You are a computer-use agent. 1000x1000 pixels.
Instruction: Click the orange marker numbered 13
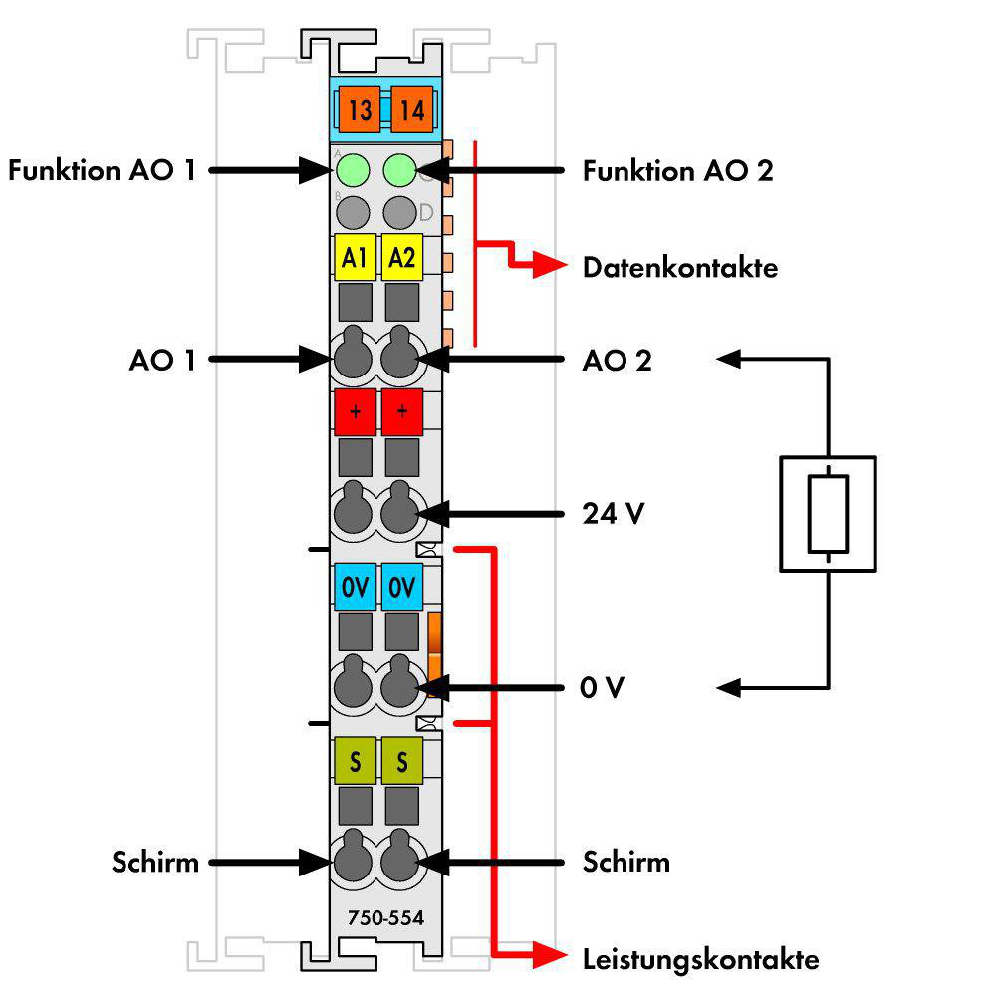360,109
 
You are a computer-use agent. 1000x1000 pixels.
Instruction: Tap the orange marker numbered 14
411,109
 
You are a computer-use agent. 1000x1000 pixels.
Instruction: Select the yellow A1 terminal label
355,257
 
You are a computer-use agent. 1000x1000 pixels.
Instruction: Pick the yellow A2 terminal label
401,257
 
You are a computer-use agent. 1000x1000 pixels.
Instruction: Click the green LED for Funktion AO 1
352,170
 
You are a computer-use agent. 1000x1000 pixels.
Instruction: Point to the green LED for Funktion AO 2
399,170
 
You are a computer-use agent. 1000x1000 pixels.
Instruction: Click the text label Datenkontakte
680,267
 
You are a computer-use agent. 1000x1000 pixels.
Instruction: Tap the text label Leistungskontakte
700,959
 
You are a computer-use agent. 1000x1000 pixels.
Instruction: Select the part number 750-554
385,917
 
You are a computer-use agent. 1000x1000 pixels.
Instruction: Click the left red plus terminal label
355,412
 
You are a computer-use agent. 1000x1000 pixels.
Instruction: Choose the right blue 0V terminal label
401,587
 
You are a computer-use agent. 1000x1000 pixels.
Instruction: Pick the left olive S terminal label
355,761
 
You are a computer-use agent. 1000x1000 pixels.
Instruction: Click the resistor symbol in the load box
828,513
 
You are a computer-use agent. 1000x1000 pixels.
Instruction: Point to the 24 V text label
613,513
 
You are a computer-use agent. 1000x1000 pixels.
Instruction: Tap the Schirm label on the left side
155,862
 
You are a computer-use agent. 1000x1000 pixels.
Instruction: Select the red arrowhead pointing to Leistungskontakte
549,956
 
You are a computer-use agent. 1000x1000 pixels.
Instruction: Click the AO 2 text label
617,361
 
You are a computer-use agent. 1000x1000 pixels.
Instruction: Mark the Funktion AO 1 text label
102,170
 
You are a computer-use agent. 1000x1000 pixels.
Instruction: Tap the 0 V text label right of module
602,687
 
